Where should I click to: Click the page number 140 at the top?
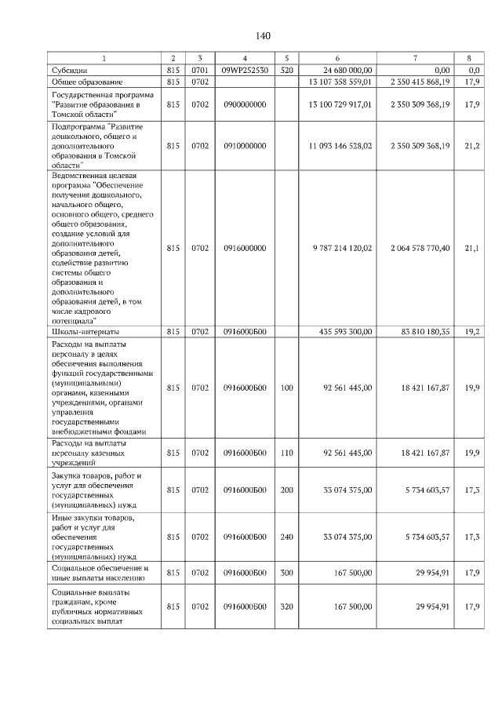tap(263, 36)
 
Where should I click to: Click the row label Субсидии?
tap(68, 70)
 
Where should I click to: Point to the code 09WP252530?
tap(245, 70)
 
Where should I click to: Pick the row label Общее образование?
tap(87, 82)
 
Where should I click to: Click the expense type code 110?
tap(286, 453)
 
